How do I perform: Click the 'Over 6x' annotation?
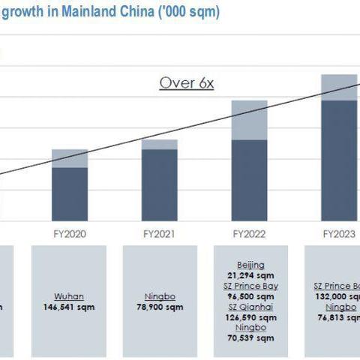click(187, 82)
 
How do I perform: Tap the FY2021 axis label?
click(159, 234)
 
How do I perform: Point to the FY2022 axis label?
click(249, 234)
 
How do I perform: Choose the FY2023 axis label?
click(339, 234)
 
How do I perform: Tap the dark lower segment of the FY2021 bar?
click(159, 185)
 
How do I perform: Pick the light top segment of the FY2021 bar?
click(159, 144)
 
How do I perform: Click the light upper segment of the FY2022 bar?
click(249, 120)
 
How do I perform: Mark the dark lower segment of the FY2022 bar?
click(249, 180)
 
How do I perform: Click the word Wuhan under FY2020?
click(69, 296)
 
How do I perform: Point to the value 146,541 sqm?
click(69, 307)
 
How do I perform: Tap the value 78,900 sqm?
click(159, 307)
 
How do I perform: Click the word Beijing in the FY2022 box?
click(250, 265)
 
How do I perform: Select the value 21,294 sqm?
click(250, 275)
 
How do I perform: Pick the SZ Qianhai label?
click(250, 307)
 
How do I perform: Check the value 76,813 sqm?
click(337, 316)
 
